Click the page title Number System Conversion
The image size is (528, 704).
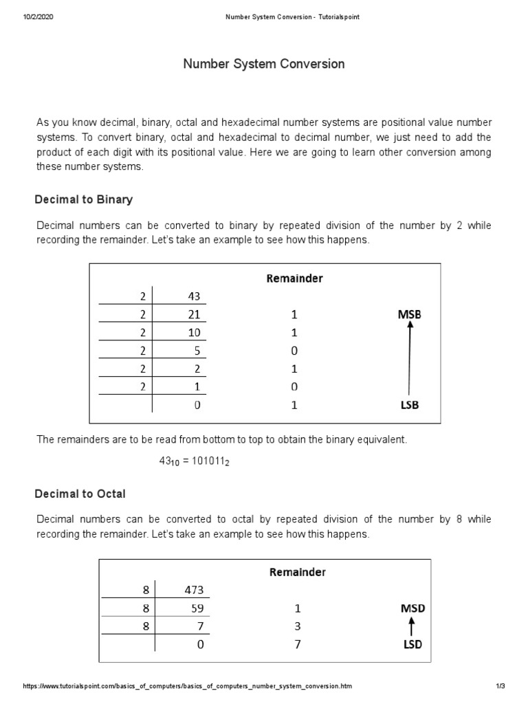[264, 64]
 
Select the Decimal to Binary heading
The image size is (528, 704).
[83, 199]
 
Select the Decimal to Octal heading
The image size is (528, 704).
[80, 494]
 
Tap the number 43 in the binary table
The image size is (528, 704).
[193, 296]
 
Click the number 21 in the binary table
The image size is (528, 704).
[193, 315]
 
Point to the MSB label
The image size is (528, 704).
[409, 314]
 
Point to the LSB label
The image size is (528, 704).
[409, 405]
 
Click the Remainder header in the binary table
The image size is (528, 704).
[294, 278]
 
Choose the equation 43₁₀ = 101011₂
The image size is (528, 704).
[195, 462]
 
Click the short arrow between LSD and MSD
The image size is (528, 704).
[410, 626]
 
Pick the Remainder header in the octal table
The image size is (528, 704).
[297, 572]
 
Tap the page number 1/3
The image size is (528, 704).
[500, 686]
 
